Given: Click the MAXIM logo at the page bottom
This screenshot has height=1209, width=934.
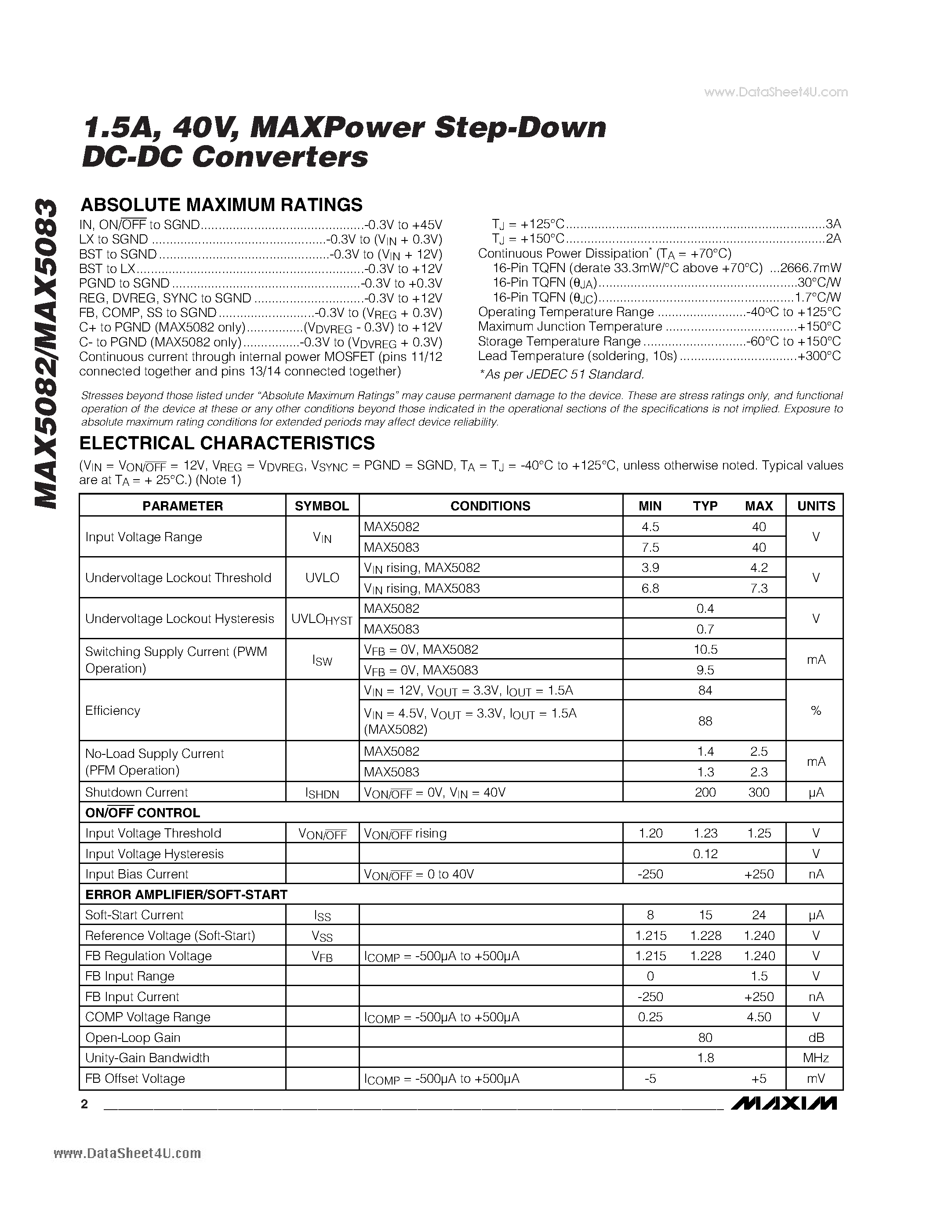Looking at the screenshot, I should click(784, 1103).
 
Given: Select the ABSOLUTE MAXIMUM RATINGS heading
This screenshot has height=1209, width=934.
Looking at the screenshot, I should click(222, 205).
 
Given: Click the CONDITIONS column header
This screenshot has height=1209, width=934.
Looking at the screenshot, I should click(490, 506).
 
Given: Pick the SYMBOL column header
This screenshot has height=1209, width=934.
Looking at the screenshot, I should click(322, 506).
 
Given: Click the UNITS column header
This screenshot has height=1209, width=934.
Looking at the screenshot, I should click(816, 506).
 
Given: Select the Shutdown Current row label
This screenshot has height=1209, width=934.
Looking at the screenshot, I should click(137, 792).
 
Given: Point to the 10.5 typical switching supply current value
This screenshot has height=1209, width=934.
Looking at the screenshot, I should click(705, 649).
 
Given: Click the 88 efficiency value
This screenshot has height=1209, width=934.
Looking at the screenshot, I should click(705, 721).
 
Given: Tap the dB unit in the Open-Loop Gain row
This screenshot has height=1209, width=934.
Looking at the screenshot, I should click(816, 1038).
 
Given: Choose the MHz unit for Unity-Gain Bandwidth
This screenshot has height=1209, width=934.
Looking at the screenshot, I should click(816, 1058).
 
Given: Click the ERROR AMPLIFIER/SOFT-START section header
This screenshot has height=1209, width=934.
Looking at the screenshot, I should click(186, 895).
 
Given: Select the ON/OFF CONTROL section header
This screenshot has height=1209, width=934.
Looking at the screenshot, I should click(143, 812).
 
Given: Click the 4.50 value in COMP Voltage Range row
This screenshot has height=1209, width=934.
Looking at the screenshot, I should click(759, 1017).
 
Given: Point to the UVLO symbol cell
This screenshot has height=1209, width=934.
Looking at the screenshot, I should click(322, 577).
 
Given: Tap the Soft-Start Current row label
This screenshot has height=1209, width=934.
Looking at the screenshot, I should click(134, 915).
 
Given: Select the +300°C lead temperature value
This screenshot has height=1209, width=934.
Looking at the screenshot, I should click(819, 356).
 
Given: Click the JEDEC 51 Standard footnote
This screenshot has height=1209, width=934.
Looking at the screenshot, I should click(562, 375).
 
